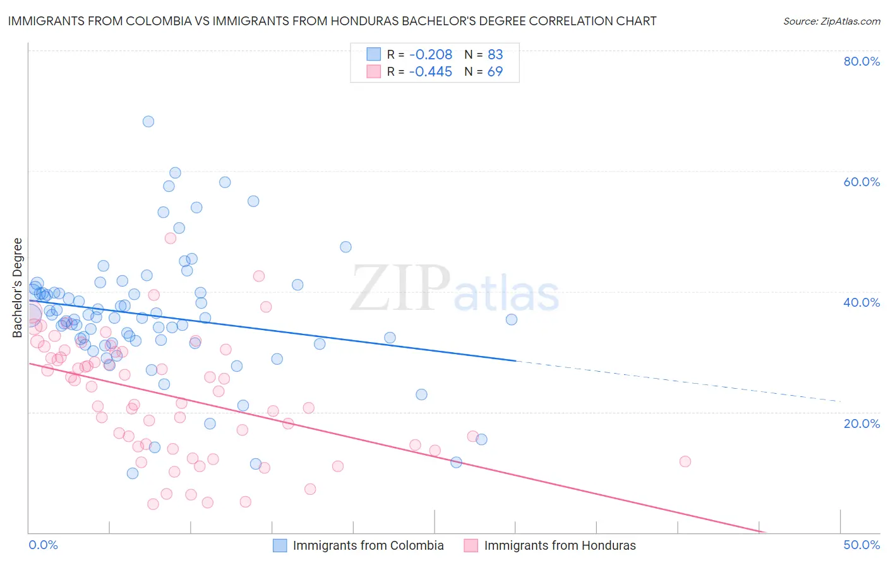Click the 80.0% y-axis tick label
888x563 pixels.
click(x=861, y=61)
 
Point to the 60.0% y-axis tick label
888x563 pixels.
click(x=861, y=182)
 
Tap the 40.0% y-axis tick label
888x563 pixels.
click(x=861, y=302)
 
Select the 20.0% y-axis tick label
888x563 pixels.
click(x=861, y=423)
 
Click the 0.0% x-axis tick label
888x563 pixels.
click(x=44, y=545)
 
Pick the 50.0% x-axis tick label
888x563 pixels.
click(x=861, y=545)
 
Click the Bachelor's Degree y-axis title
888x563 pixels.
click(x=18, y=288)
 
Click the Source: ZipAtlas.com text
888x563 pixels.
click(x=831, y=21)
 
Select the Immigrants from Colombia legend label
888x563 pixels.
click(x=368, y=545)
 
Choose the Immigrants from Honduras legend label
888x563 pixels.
click(x=560, y=545)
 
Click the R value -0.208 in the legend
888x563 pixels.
click(x=430, y=54)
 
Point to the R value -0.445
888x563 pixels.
click(x=430, y=71)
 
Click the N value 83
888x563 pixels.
click(x=495, y=54)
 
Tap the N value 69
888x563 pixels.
click(x=495, y=71)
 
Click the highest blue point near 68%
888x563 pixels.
click(x=148, y=121)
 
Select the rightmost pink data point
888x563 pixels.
click(x=685, y=461)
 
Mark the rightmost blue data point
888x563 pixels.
click(x=512, y=319)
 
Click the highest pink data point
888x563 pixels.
click(x=171, y=238)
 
